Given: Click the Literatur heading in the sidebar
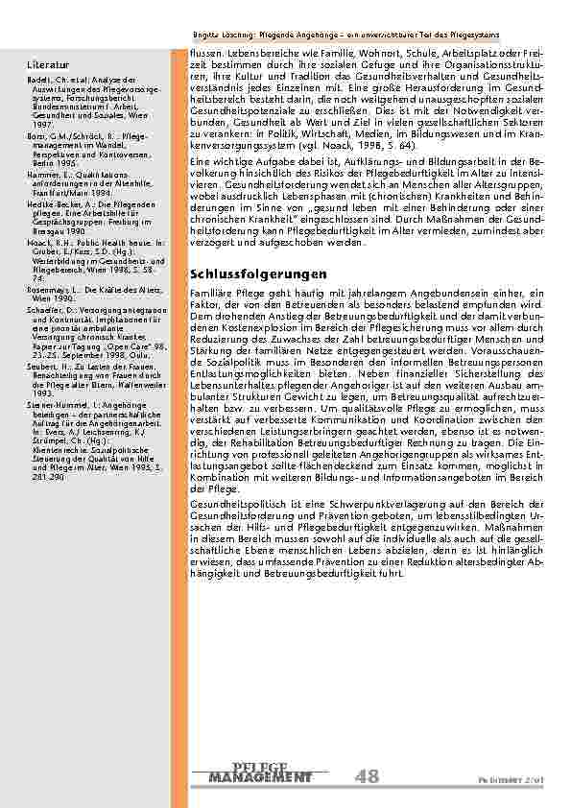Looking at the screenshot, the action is tap(46, 64).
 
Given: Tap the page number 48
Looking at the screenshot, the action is tap(366, 775).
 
